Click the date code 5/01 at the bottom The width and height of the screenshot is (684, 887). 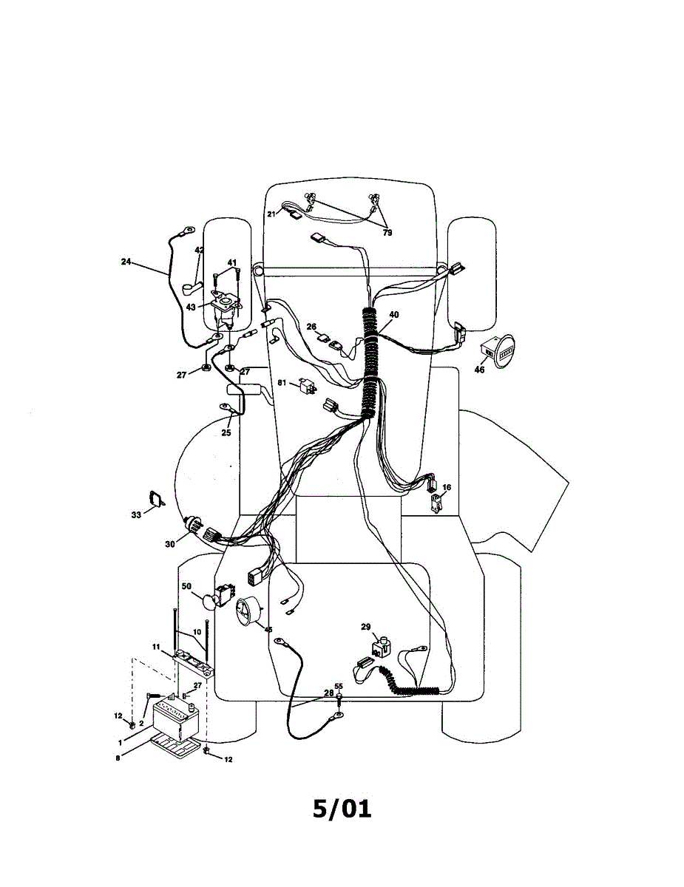coord(342,808)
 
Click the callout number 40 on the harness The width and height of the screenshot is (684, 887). coord(393,314)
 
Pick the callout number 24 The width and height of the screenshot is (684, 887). coord(126,261)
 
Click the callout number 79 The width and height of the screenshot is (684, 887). coord(387,232)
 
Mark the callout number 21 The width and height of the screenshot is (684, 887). coord(271,214)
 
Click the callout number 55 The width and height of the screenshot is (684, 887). coord(339,687)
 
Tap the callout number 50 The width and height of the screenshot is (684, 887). coord(187,585)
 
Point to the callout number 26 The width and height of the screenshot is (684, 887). coord(311,326)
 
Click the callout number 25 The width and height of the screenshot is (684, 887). coord(226,432)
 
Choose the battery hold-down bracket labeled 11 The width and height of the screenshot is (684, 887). coord(194,661)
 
